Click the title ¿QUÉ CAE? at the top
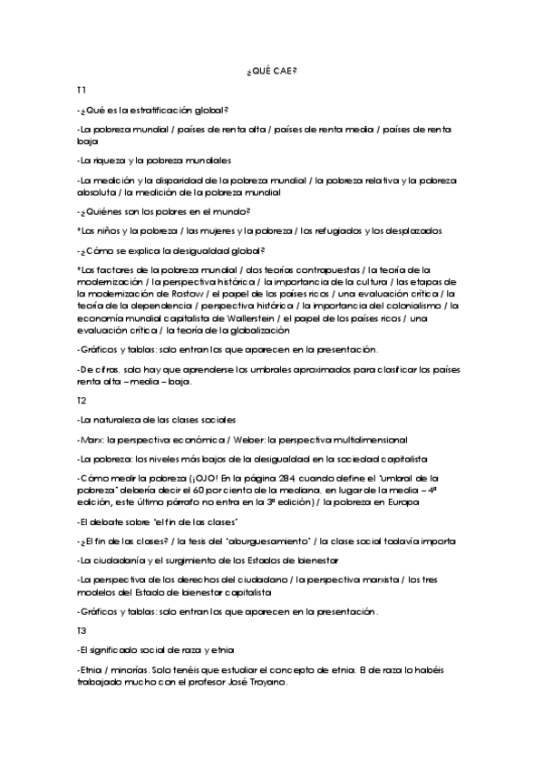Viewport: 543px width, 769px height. (271, 72)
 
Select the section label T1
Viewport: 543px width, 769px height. (82, 92)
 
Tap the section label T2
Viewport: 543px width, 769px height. (82, 400)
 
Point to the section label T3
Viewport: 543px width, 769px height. (82, 628)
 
